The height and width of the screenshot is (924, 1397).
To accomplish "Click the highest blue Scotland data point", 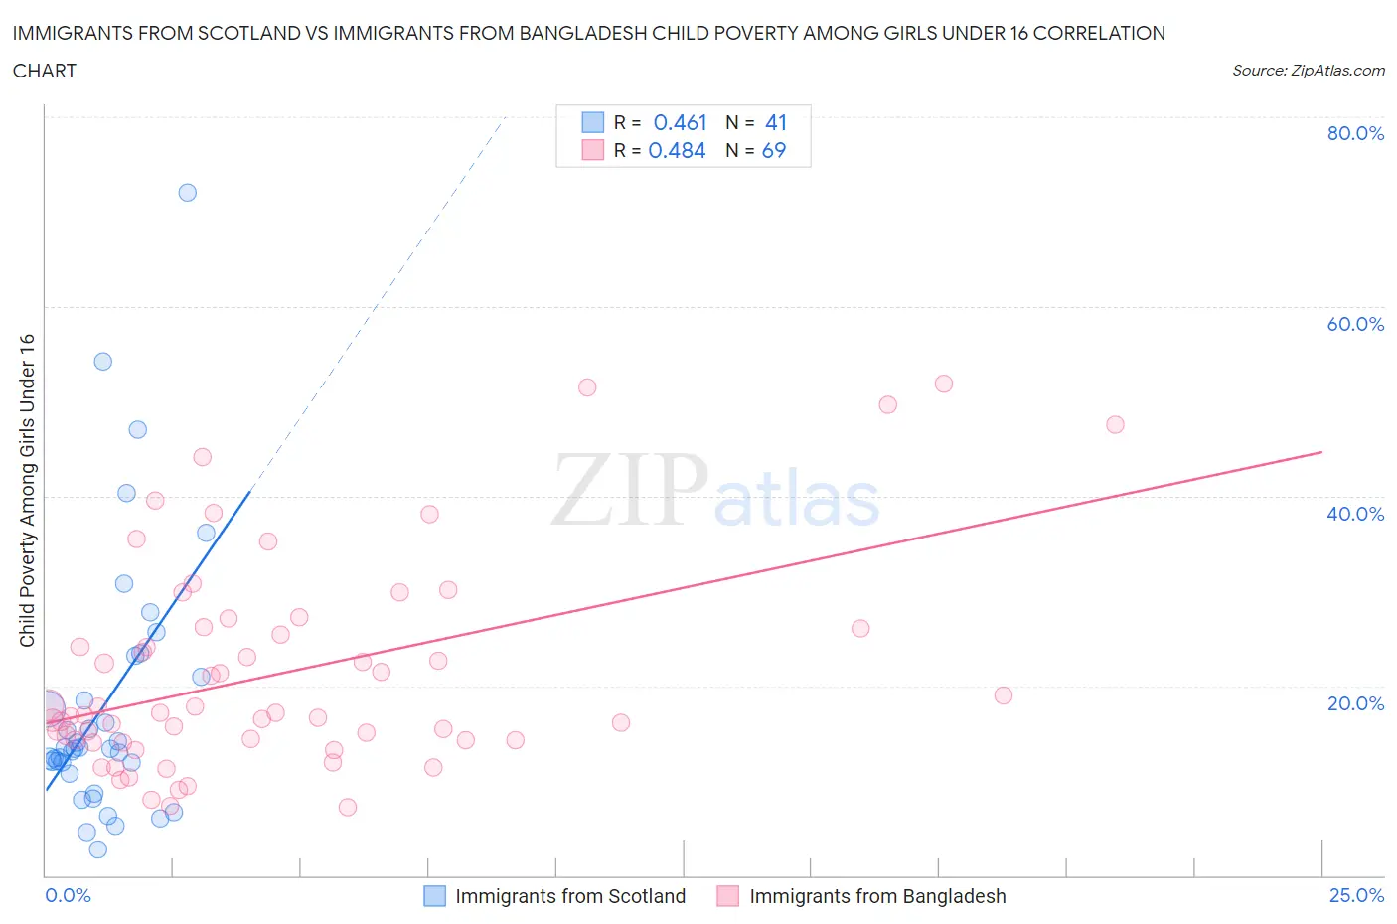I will (187, 193).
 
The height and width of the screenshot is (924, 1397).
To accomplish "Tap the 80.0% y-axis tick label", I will (1355, 133).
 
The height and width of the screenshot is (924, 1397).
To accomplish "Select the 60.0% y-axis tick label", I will (1355, 324).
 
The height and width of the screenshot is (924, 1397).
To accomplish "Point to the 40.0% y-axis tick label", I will (1355, 514).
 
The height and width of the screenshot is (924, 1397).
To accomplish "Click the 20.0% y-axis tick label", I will (1355, 703).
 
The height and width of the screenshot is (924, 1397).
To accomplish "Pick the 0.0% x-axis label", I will (68, 895).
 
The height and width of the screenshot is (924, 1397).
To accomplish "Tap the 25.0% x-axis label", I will (1356, 895).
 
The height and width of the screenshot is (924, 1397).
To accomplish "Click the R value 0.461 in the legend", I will (680, 122).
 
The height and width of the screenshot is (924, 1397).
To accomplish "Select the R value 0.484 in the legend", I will (677, 150).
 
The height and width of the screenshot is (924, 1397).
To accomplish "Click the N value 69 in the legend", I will (773, 150).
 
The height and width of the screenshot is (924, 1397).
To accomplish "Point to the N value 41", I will (775, 122).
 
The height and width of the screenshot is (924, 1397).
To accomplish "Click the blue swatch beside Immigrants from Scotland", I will (434, 896).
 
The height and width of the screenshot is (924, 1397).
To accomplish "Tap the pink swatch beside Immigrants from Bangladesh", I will (728, 896).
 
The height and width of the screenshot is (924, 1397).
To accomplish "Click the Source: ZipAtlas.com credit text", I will (1308, 70).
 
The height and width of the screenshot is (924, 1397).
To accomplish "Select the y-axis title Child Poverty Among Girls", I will (27, 490).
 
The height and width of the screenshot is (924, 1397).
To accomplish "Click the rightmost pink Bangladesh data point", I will (1115, 424).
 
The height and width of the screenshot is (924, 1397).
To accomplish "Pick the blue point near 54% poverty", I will (102, 362).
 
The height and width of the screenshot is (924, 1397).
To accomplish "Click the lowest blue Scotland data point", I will (97, 849).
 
